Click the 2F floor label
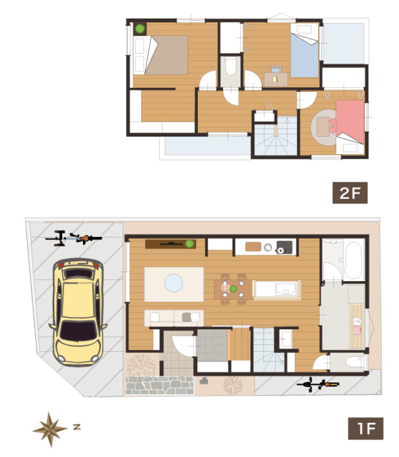(350, 193)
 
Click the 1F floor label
(366, 429)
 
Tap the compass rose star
(50, 429)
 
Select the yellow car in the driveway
(78, 312)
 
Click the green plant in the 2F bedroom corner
(140, 28)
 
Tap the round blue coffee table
(173, 282)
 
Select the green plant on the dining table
(233, 289)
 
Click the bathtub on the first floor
(353, 261)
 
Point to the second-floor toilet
(231, 67)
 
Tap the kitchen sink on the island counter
(285, 288)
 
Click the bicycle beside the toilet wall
(318, 384)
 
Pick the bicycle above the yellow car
(73, 238)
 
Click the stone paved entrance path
(160, 385)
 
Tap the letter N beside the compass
(76, 427)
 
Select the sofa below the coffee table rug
(174, 318)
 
